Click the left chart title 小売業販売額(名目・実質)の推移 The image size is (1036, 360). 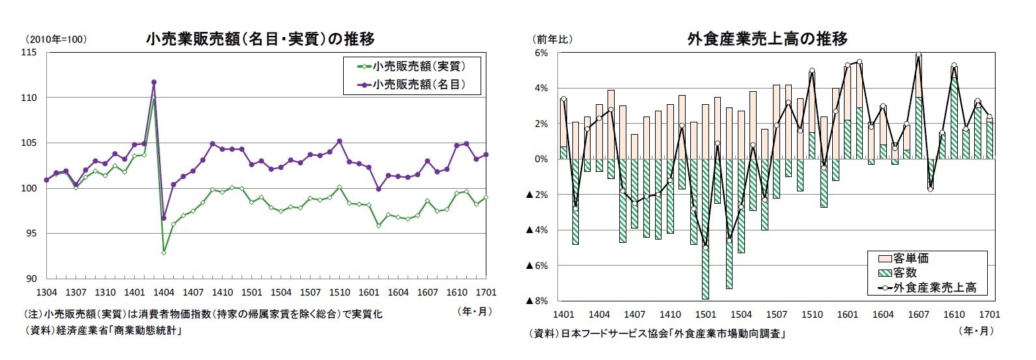point(260,39)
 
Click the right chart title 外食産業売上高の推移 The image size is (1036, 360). point(767,39)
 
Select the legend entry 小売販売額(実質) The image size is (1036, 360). point(411,66)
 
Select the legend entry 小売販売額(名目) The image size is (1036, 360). point(411,85)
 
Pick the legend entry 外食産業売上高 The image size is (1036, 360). point(927,288)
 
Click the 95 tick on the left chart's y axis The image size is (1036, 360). point(31,233)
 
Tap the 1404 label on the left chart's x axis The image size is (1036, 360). point(163,292)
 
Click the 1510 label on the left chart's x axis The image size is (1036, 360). point(339,292)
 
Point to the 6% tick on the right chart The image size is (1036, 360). point(541,53)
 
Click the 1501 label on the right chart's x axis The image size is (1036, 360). point(706,314)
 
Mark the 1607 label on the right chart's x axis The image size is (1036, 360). point(918,314)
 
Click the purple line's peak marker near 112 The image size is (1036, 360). point(154,83)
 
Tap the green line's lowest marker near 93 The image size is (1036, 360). point(163,252)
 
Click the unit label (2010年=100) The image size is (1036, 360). point(55,39)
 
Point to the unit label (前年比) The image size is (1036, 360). point(552,39)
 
